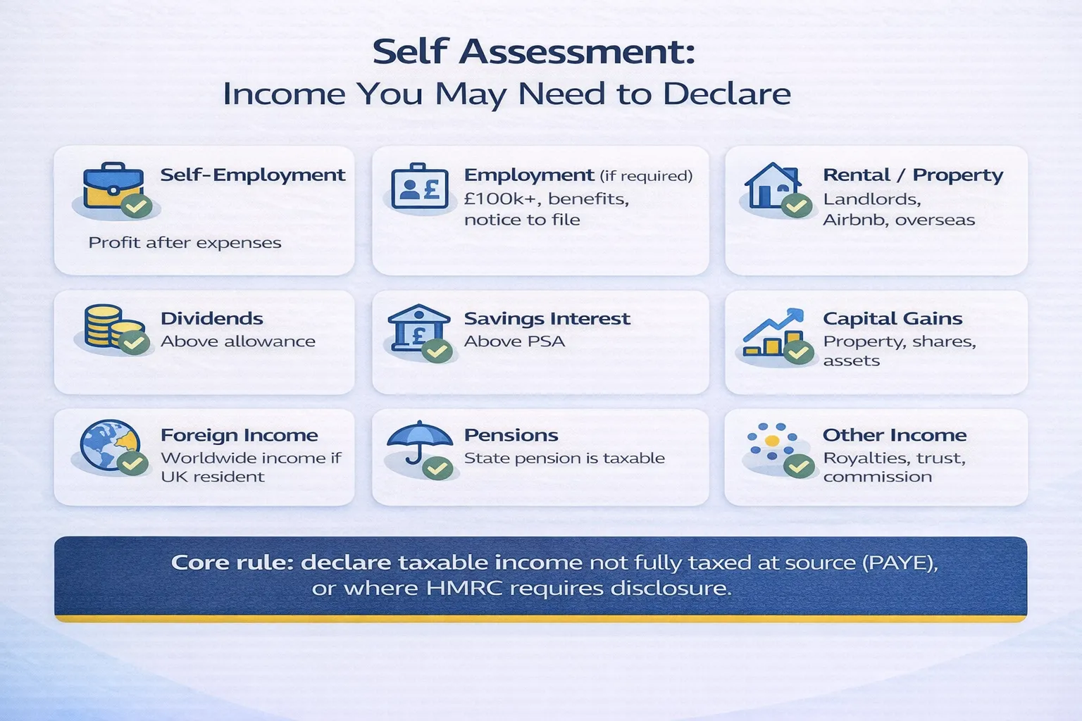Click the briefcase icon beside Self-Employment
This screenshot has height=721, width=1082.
[113, 187]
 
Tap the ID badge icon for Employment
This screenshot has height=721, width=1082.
[420, 187]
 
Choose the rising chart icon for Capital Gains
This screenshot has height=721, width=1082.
[772, 332]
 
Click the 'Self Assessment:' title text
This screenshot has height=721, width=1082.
[534, 52]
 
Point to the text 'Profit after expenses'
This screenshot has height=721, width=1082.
[185, 243]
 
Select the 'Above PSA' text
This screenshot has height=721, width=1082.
[514, 341]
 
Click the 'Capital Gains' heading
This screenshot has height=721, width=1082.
[893, 319]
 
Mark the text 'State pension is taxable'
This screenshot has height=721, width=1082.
[564, 458]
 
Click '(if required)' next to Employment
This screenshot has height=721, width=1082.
[646, 176]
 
